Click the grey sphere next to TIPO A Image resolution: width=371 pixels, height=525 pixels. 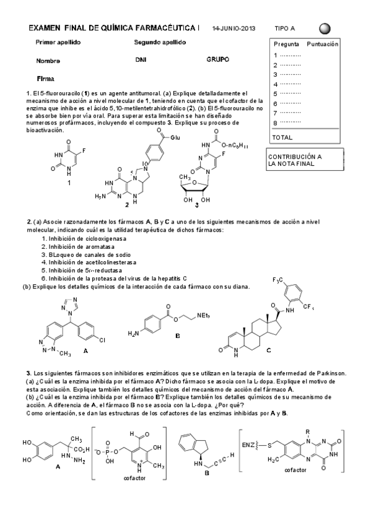[325, 28]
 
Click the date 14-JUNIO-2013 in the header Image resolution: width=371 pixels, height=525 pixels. [234, 28]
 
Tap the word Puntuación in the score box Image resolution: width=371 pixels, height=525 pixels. [322, 45]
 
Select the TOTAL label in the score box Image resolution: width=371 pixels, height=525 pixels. [282, 137]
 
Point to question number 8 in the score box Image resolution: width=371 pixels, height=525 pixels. [276, 122]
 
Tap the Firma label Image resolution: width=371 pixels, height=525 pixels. [46, 79]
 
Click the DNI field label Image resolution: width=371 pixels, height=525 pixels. [140, 61]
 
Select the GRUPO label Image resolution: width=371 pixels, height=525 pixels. [218, 60]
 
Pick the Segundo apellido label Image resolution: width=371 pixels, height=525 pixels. [160, 42]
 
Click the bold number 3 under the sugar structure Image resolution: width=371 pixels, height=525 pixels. [196, 205]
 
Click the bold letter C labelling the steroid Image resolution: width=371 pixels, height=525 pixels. [268, 350]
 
